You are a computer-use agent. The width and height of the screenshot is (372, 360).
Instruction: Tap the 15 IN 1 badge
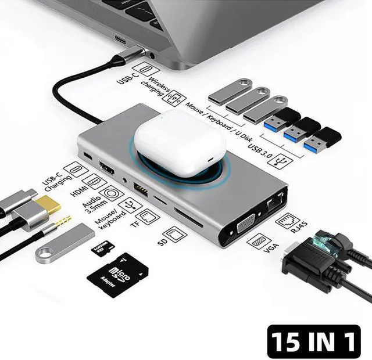[314, 341]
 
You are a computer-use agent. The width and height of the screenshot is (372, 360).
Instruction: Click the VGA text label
[271, 249]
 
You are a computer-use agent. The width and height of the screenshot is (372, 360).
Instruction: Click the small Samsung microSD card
[102, 249]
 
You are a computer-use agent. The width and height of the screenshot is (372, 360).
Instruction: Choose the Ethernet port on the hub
[273, 202]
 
